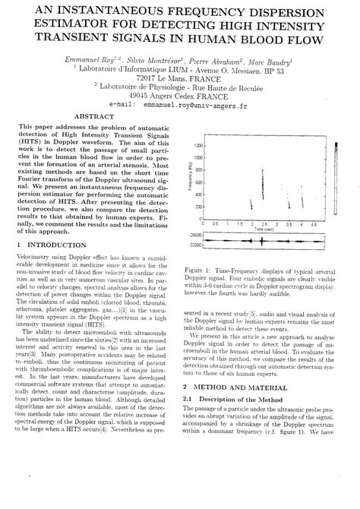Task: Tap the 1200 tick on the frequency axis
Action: coord(197,145)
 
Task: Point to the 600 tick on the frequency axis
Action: coord(199,182)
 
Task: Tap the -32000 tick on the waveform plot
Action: coord(194,245)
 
